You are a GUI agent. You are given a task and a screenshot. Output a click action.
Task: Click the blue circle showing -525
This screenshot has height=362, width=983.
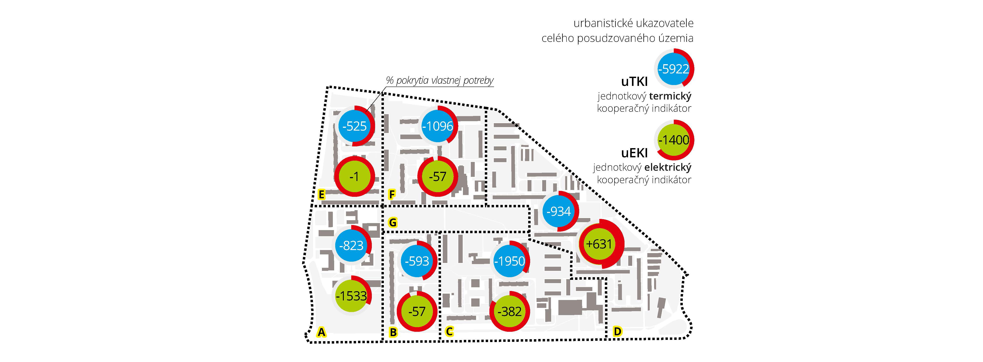coord(355,126)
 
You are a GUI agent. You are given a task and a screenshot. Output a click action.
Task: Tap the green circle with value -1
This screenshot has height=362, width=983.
coord(354,176)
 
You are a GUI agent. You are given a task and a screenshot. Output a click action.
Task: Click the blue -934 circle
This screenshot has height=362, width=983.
coord(559,211)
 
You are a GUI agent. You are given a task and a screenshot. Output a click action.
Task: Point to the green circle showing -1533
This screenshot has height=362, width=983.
coord(351,296)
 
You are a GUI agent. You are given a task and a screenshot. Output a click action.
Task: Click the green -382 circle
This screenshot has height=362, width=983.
coord(509,312)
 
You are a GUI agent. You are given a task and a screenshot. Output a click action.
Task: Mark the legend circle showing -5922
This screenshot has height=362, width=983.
coord(674,69)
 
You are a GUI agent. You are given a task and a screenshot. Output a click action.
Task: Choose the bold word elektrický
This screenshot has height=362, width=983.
coord(668,167)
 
